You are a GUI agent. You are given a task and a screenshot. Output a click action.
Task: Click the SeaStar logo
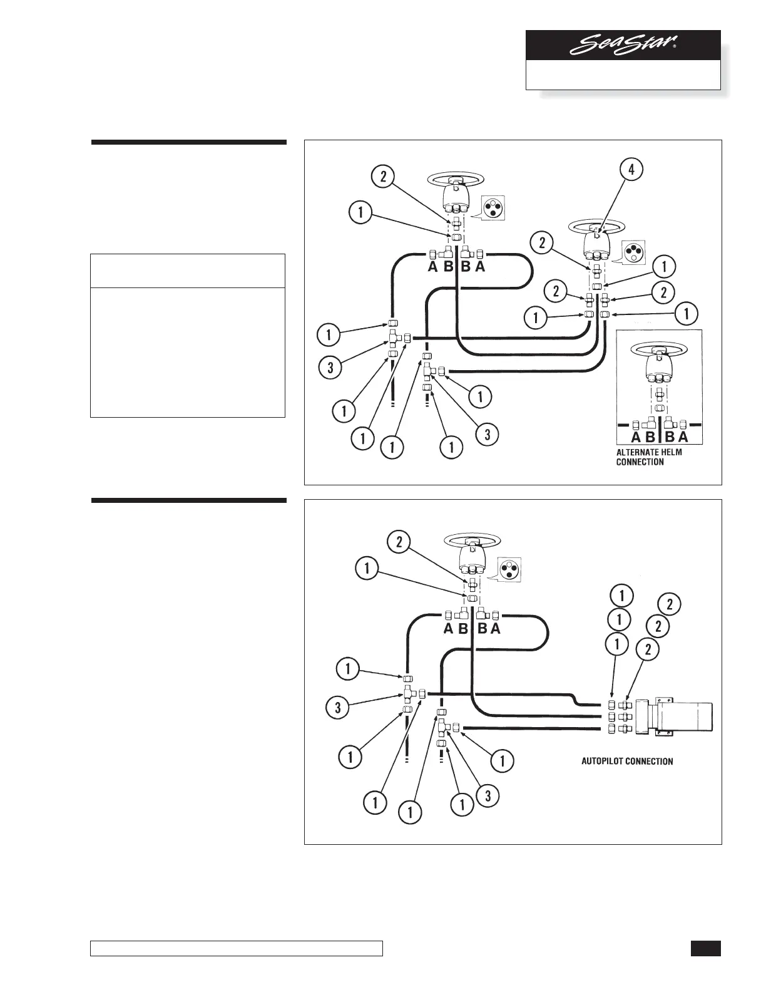pyautogui.click(x=623, y=46)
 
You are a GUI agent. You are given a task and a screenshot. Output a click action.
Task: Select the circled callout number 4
pyautogui.click(x=631, y=170)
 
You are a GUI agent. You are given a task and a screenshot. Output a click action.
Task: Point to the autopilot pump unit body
pyautogui.click(x=682, y=716)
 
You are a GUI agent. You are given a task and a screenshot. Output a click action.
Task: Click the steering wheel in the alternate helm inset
pyautogui.click(x=660, y=348)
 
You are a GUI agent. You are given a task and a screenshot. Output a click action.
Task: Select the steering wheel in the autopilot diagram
pyautogui.click(x=473, y=539)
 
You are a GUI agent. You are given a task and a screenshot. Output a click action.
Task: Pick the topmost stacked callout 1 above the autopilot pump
pyautogui.click(x=621, y=595)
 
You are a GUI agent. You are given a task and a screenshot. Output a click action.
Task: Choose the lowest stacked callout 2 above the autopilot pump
pyautogui.click(x=648, y=650)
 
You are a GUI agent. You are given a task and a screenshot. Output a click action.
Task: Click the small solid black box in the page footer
pyautogui.click(x=706, y=948)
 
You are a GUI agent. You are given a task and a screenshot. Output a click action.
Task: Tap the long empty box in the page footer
pyautogui.click(x=237, y=949)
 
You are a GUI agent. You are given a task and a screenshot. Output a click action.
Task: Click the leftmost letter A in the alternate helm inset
pyautogui.click(x=636, y=437)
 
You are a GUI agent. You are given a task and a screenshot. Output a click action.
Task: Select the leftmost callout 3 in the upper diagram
pyautogui.click(x=330, y=367)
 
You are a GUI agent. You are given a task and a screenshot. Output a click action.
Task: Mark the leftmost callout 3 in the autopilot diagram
pyautogui.click(x=338, y=708)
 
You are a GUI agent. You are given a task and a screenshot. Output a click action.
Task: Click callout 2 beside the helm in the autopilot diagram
pyautogui.click(x=399, y=542)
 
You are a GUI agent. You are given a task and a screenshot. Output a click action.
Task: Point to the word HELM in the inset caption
pyautogui.click(x=670, y=452)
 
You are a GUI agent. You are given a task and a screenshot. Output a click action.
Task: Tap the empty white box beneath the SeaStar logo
pyautogui.click(x=623, y=75)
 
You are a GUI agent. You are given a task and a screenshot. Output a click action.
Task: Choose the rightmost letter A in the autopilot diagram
pyautogui.click(x=496, y=629)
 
